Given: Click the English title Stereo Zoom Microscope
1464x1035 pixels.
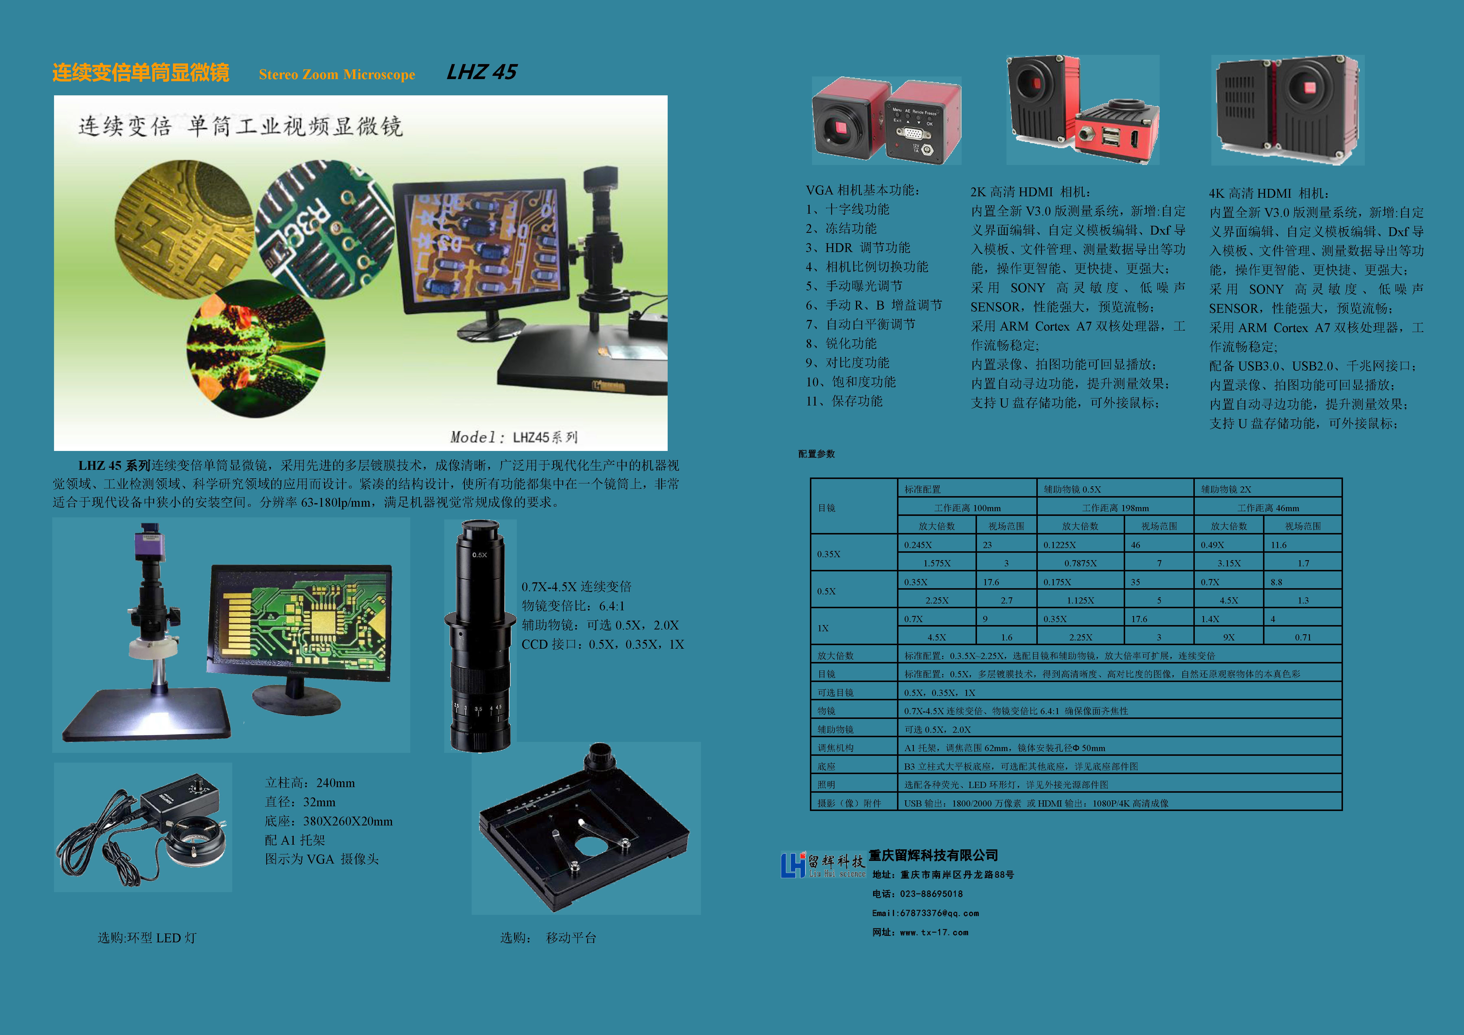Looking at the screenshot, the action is point(337,75).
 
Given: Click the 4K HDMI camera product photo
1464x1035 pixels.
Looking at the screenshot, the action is point(1288,110).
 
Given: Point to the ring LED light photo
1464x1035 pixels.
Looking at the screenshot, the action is point(143,827).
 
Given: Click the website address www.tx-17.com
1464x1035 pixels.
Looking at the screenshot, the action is point(934,932).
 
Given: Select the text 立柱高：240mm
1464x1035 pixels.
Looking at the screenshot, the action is point(310,783).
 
